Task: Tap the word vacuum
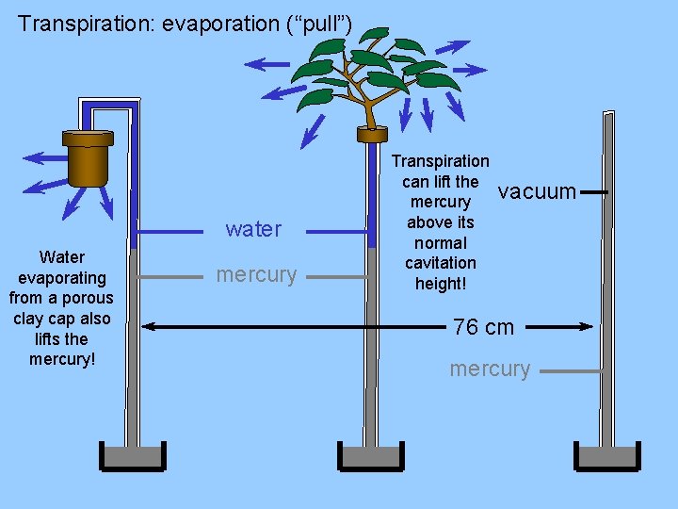tap(537, 192)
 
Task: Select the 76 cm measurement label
tap(483, 327)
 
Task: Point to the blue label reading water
tap(253, 229)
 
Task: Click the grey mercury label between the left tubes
tap(256, 275)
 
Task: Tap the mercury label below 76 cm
tap(490, 369)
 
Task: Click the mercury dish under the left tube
tap(132, 457)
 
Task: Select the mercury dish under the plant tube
tap(370, 457)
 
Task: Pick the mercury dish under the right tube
tap(607, 457)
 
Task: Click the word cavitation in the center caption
tap(441, 263)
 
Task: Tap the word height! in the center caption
tap(441, 283)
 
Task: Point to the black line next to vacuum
tap(593, 192)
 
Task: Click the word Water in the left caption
tap(62, 256)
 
